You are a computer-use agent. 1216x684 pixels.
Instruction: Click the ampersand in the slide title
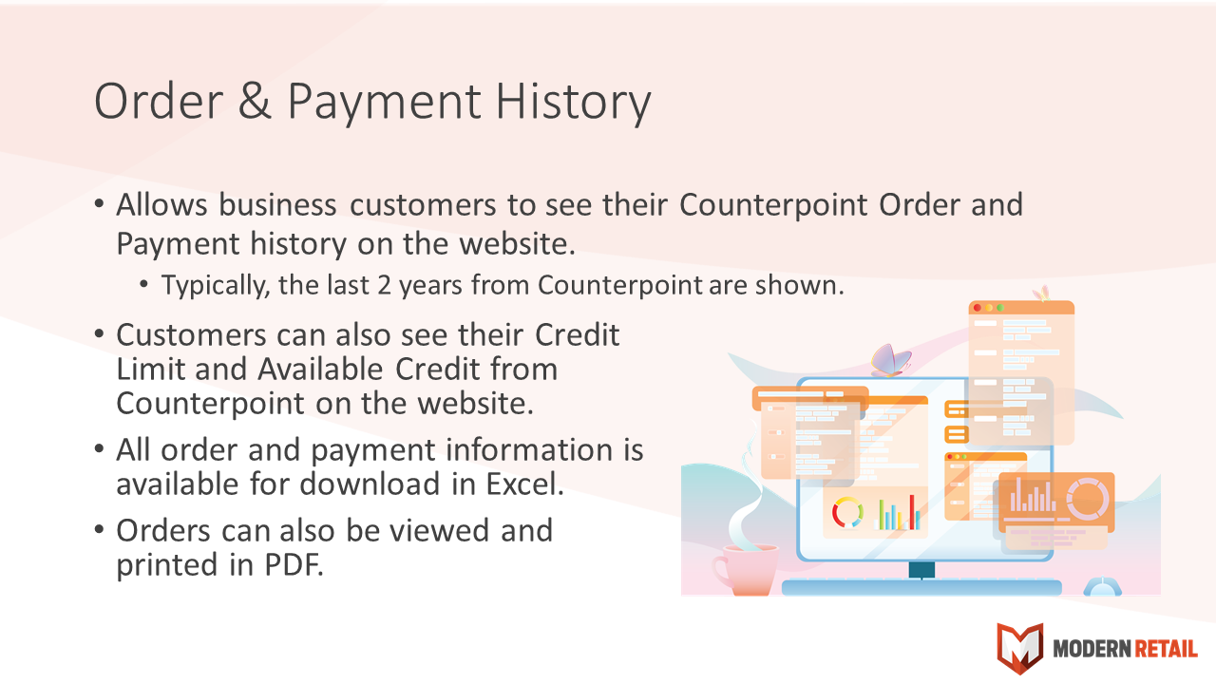click(255, 101)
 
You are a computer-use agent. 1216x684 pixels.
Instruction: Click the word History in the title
click(573, 104)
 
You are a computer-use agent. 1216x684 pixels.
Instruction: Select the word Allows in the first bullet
click(161, 205)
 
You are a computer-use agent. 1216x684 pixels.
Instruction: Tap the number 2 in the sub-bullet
click(384, 286)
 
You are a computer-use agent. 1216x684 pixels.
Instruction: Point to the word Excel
click(525, 484)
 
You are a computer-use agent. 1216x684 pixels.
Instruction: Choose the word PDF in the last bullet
click(294, 564)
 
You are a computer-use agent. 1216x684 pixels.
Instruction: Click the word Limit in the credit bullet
click(150, 370)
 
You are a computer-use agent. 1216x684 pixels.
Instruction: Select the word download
click(370, 484)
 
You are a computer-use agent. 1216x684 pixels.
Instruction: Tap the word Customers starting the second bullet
click(191, 335)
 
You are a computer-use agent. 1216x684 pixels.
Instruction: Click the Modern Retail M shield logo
click(1019, 648)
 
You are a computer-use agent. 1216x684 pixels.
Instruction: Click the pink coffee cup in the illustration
click(746, 570)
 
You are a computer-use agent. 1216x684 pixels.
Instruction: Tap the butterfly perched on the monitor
click(890, 360)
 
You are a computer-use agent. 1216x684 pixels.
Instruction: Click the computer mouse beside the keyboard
click(1102, 587)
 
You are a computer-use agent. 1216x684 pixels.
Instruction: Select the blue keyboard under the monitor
click(921, 588)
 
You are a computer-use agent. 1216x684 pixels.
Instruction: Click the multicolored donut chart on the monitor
click(847, 512)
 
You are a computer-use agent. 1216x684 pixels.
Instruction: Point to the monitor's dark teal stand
click(921, 570)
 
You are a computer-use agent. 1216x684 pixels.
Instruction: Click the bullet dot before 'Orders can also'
click(99, 529)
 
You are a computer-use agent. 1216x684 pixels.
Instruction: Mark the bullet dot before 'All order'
click(99, 448)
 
